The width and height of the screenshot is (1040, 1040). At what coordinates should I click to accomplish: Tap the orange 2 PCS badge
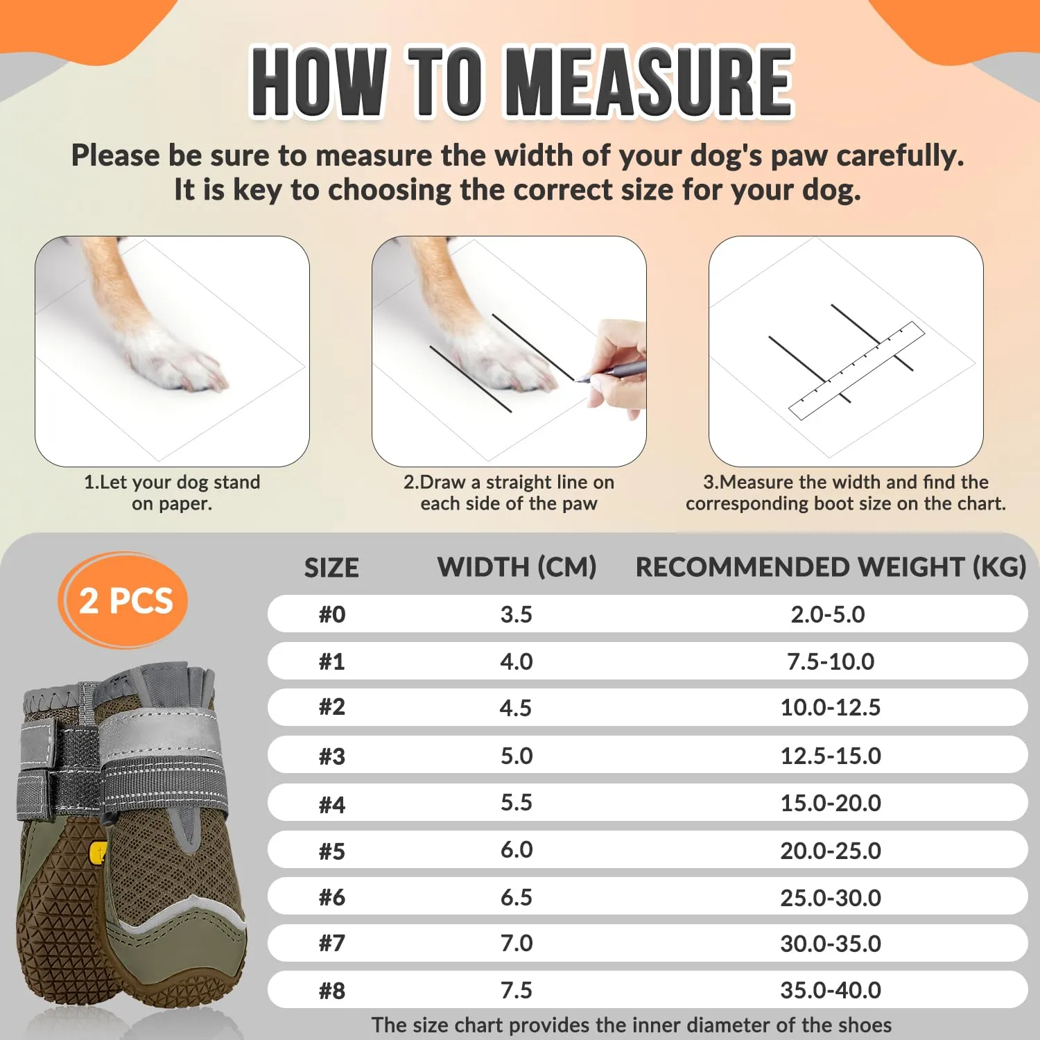point(125,600)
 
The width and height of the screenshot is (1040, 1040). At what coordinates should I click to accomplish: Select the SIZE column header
point(331,568)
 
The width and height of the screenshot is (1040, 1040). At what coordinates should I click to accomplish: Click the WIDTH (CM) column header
point(517,567)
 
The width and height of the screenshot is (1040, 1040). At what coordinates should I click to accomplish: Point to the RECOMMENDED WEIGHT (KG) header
point(831,567)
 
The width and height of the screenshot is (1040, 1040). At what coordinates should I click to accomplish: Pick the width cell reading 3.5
point(517,614)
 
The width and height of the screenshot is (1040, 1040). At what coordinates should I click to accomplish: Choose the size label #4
point(332,804)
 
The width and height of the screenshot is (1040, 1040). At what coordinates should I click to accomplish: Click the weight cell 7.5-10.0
point(831,661)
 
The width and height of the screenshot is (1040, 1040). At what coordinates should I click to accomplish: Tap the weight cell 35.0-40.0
point(831,990)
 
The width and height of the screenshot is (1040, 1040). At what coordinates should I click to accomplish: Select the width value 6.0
point(517,850)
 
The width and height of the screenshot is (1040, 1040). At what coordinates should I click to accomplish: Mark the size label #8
point(332,991)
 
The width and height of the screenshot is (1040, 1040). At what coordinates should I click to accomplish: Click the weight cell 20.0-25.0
point(831,851)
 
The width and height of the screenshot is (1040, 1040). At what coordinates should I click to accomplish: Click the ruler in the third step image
point(857,371)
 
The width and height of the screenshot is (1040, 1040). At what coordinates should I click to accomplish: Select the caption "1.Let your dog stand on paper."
point(172,492)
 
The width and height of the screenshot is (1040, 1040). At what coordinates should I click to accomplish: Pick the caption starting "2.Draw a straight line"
point(509,492)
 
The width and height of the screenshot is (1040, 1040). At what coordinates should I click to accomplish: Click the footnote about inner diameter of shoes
point(632,1025)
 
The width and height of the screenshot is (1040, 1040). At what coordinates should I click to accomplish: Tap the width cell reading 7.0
point(517,944)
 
